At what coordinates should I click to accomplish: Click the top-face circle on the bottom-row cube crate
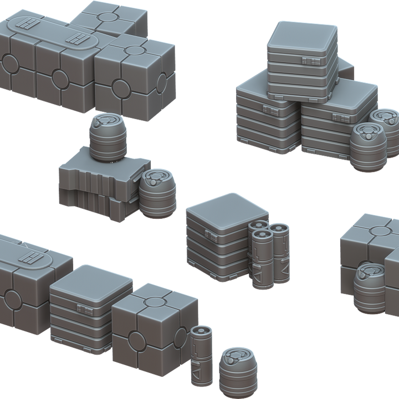(x=155, y=301)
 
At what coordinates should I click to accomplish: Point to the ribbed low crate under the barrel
(x=97, y=186)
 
